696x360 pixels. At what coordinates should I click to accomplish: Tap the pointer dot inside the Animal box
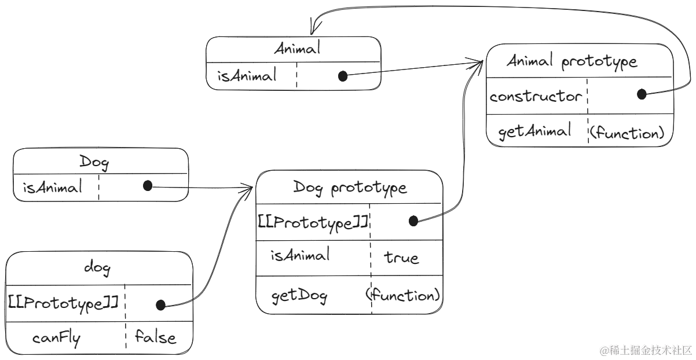343,76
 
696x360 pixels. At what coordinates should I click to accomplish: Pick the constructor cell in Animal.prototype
536,97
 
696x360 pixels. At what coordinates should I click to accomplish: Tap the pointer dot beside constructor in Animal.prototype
640,96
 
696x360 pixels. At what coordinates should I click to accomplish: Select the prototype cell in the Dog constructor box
52,188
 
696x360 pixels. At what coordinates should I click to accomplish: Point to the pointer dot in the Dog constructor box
146,188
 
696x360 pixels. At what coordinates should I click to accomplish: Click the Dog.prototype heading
350,188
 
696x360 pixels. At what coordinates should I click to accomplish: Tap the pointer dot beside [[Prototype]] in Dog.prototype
413,220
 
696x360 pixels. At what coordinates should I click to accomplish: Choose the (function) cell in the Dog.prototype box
404,295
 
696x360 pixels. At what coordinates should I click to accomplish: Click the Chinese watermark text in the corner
645,350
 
